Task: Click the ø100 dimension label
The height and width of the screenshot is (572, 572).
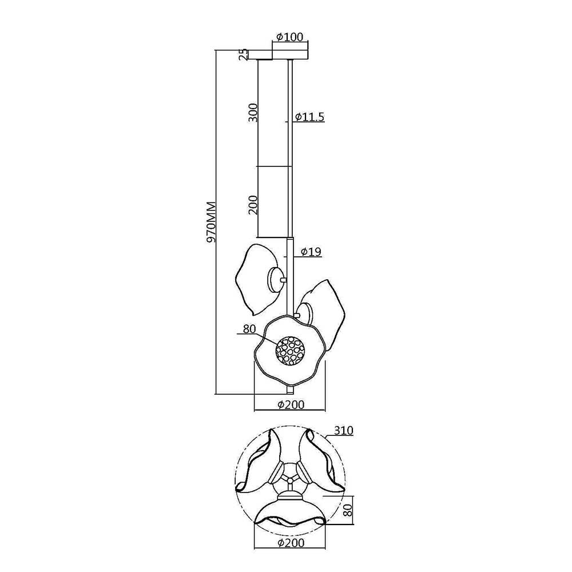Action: pyautogui.click(x=289, y=37)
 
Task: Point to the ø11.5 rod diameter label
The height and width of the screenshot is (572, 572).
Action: pyautogui.click(x=309, y=117)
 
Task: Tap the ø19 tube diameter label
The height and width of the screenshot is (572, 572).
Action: pyautogui.click(x=311, y=252)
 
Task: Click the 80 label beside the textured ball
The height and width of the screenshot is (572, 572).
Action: pyautogui.click(x=249, y=329)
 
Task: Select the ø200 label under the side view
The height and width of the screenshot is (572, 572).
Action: pyautogui.click(x=291, y=404)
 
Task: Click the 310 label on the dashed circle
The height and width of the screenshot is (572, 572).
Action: pyautogui.click(x=343, y=431)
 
